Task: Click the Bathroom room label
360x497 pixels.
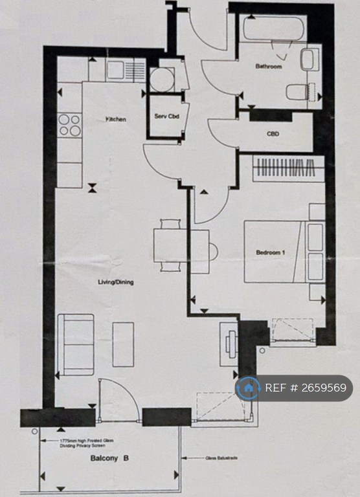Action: point(268,66)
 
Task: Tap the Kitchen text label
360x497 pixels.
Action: point(116,119)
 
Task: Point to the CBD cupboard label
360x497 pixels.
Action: point(273,135)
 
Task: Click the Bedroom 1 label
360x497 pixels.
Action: point(270,252)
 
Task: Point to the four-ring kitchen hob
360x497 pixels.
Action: point(70,124)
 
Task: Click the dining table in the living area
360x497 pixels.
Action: point(172,246)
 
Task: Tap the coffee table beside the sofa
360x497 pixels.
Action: point(123,344)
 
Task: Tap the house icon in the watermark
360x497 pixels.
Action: point(247,388)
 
